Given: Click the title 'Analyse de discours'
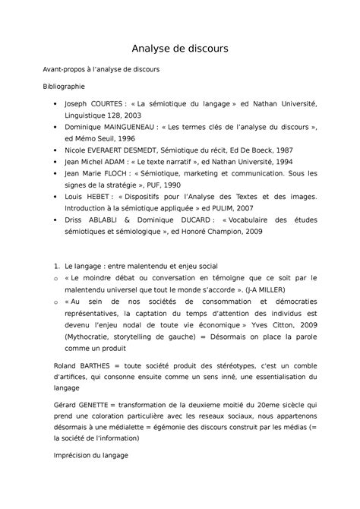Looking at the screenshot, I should click(x=180, y=49).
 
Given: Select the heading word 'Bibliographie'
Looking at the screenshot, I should click(x=63, y=87).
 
